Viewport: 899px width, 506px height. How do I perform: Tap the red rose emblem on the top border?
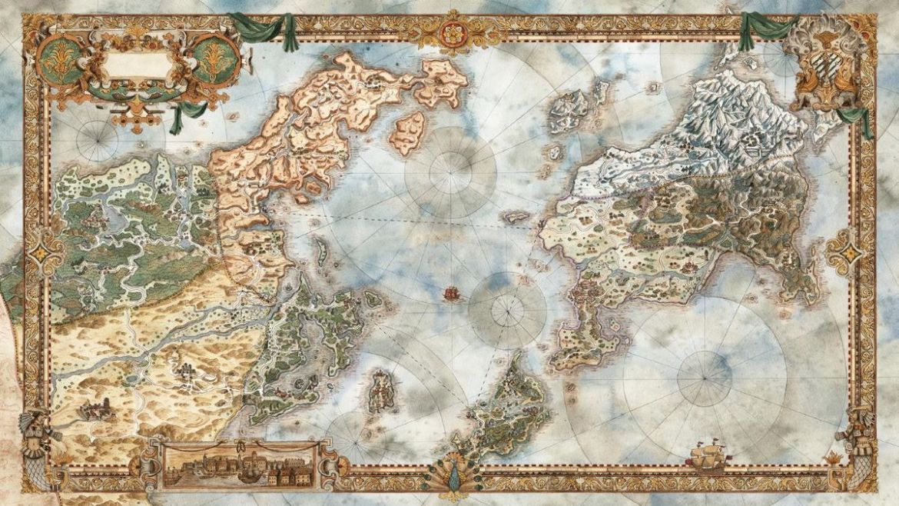[x=451, y=31]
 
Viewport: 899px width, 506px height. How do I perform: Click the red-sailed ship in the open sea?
[x=452, y=293]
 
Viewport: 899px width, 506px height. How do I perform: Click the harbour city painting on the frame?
[x=239, y=465]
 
